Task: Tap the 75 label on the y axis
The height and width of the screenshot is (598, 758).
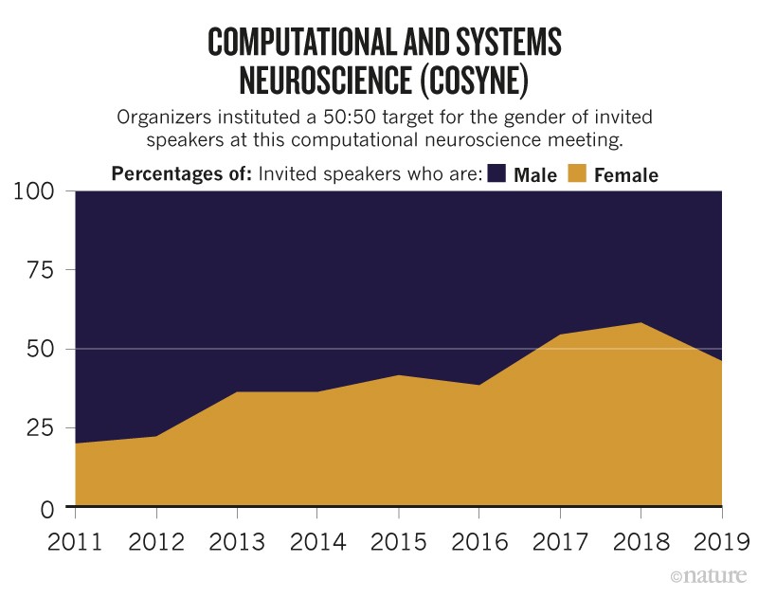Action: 46,271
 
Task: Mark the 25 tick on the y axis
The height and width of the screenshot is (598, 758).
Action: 46,428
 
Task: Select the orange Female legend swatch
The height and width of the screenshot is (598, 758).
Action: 577,173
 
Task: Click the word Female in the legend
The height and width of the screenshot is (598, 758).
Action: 625,174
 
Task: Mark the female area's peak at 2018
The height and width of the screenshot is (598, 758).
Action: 641,324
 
